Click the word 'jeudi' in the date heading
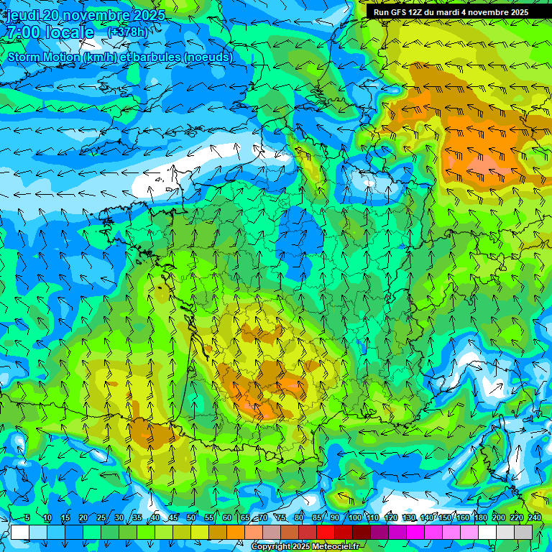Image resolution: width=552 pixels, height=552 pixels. [x=22, y=15]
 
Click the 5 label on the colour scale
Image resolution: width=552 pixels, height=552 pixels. [x=27, y=517]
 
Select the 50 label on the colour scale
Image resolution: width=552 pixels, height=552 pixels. [x=191, y=517]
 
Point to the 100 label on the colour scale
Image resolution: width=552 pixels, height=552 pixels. [x=354, y=517]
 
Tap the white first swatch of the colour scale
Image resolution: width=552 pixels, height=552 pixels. [x=19, y=532]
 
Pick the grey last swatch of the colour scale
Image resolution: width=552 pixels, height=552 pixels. [x=523, y=532]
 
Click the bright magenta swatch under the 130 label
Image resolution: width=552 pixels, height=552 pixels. [x=415, y=532]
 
